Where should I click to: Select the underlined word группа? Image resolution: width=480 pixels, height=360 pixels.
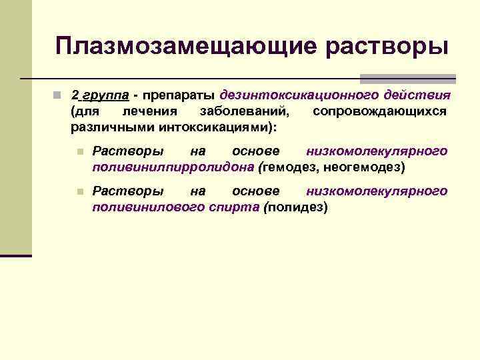coord(105,95)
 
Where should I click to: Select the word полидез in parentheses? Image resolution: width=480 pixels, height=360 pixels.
coord(296,207)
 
